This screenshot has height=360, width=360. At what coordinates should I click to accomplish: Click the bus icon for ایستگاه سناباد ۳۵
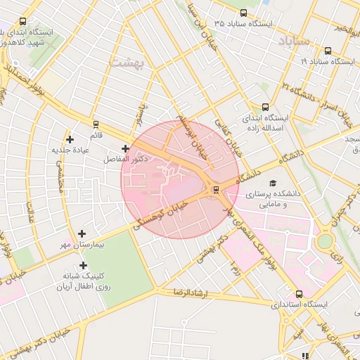[243, 13]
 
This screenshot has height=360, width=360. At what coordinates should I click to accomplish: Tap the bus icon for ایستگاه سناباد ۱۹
[328, 51]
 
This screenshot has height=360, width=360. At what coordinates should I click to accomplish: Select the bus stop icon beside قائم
[96, 124]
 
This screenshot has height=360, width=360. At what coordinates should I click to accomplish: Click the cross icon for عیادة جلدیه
[70, 139]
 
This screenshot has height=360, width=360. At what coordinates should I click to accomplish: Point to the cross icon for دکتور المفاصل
[125, 148]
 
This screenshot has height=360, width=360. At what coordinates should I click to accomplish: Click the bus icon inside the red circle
[216, 189]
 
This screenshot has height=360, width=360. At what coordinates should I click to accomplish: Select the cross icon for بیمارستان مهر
[82, 233]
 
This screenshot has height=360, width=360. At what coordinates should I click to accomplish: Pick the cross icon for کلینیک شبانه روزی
[84, 265]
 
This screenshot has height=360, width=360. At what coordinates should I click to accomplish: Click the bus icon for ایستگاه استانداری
[300, 294]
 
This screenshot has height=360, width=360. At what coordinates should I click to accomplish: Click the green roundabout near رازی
[325, 241]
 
